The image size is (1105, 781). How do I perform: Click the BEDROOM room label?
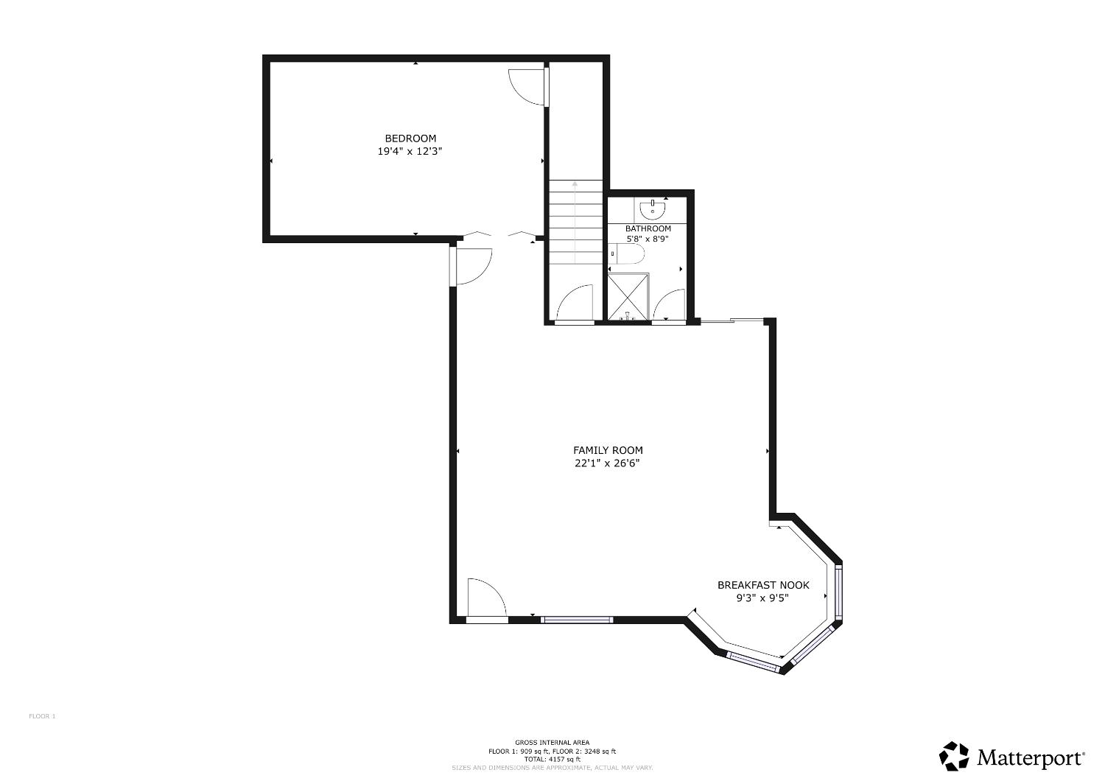tap(410, 139)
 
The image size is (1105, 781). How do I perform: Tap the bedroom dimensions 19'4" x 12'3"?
tap(410, 152)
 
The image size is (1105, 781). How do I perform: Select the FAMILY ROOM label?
tap(608, 450)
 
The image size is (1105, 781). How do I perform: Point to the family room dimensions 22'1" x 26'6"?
tap(608, 463)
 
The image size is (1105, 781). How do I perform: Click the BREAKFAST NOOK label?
tap(763, 585)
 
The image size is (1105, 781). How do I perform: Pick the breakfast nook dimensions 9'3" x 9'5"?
tap(763, 598)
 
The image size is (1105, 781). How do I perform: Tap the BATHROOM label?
tap(648, 228)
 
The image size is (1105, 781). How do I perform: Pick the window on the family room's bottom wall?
tap(577, 620)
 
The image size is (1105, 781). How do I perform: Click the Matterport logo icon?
tap(954, 757)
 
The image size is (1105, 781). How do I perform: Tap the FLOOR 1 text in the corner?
tap(42, 716)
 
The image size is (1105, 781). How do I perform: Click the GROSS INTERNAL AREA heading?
tap(552, 743)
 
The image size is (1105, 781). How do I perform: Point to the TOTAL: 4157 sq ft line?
tap(552, 759)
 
